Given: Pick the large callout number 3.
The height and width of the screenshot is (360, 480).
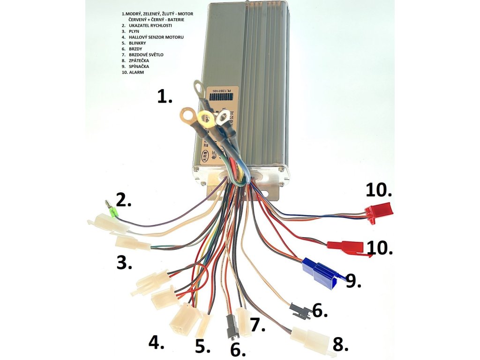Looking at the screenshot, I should coord(124,263).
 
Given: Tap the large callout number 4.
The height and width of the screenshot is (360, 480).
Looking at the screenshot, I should coord(156,343).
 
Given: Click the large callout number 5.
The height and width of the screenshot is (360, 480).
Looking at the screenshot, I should coord(202,346).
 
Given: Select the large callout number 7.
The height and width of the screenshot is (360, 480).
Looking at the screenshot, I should coord(258,324).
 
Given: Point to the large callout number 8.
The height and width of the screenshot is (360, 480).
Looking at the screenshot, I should coord(340,344).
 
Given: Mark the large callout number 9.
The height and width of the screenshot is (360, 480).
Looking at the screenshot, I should coord(353,280).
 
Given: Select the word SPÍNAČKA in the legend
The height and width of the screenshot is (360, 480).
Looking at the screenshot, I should coord(139,67).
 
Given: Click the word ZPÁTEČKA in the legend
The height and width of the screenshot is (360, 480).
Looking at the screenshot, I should coord(140,60).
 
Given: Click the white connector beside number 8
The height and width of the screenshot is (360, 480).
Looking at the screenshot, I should coord(311,336).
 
